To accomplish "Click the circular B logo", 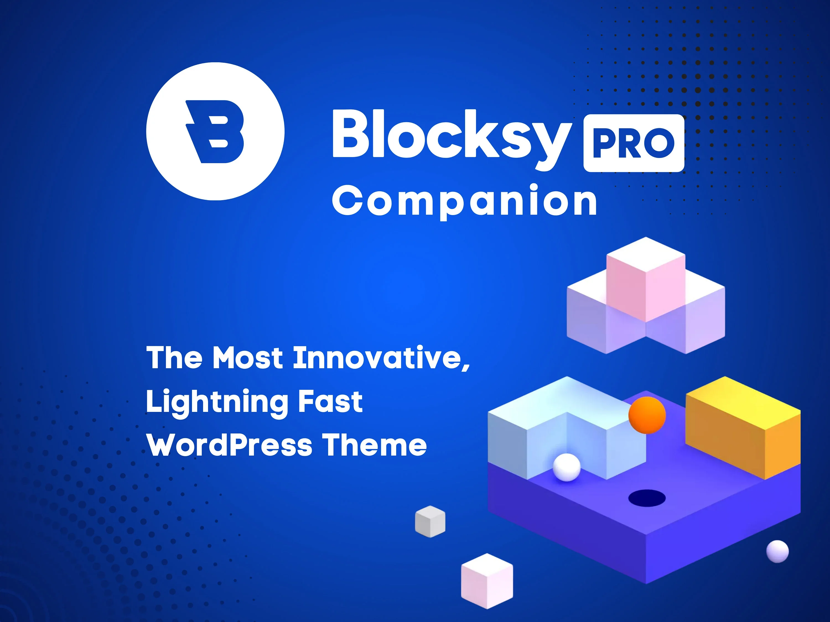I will [215, 131].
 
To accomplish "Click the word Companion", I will [465, 201].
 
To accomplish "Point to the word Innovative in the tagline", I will [381, 358].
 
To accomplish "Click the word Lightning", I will [217, 402].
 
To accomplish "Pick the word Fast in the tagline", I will [330, 402].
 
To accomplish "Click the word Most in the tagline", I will [248, 358].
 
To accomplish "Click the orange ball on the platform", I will [647, 415].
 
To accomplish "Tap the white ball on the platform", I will [567, 467].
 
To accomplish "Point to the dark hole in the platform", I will [647, 498].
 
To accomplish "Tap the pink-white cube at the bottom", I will [487, 581].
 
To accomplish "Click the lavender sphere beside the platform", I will [777, 551].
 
